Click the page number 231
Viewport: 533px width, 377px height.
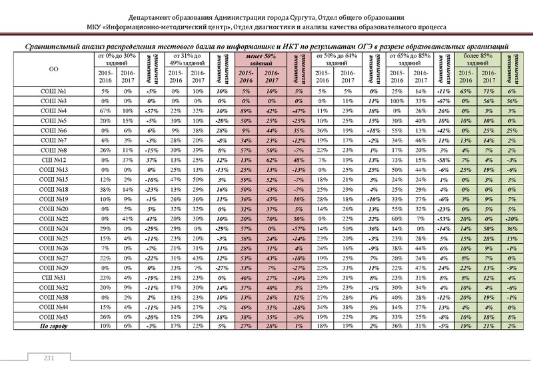(x=48, y=360)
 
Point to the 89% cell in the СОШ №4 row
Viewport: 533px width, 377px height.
(x=247, y=110)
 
